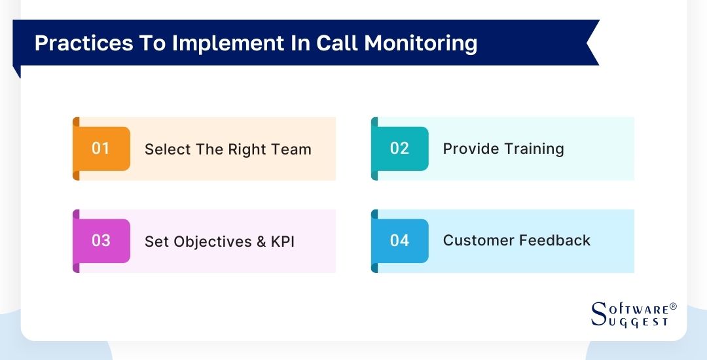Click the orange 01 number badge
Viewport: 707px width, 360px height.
[x=101, y=149]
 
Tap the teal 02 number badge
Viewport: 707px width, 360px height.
[x=399, y=149]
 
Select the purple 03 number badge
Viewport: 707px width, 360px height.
[x=101, y=241]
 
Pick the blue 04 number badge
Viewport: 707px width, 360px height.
[x=399, y=241]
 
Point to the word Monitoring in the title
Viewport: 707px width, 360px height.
[x=421, y=43]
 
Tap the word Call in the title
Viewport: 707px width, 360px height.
[x=337, y=43]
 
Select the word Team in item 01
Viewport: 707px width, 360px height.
[x=291, y=149]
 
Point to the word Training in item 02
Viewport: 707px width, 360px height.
[x=534, y=149]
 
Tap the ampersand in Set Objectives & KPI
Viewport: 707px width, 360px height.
[x=260, y=242]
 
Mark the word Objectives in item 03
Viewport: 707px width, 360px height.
[x=213, y=242]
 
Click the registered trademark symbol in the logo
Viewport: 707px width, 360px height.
[x=673, y=306]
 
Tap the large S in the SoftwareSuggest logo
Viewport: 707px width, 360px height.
[x=598, y=314]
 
